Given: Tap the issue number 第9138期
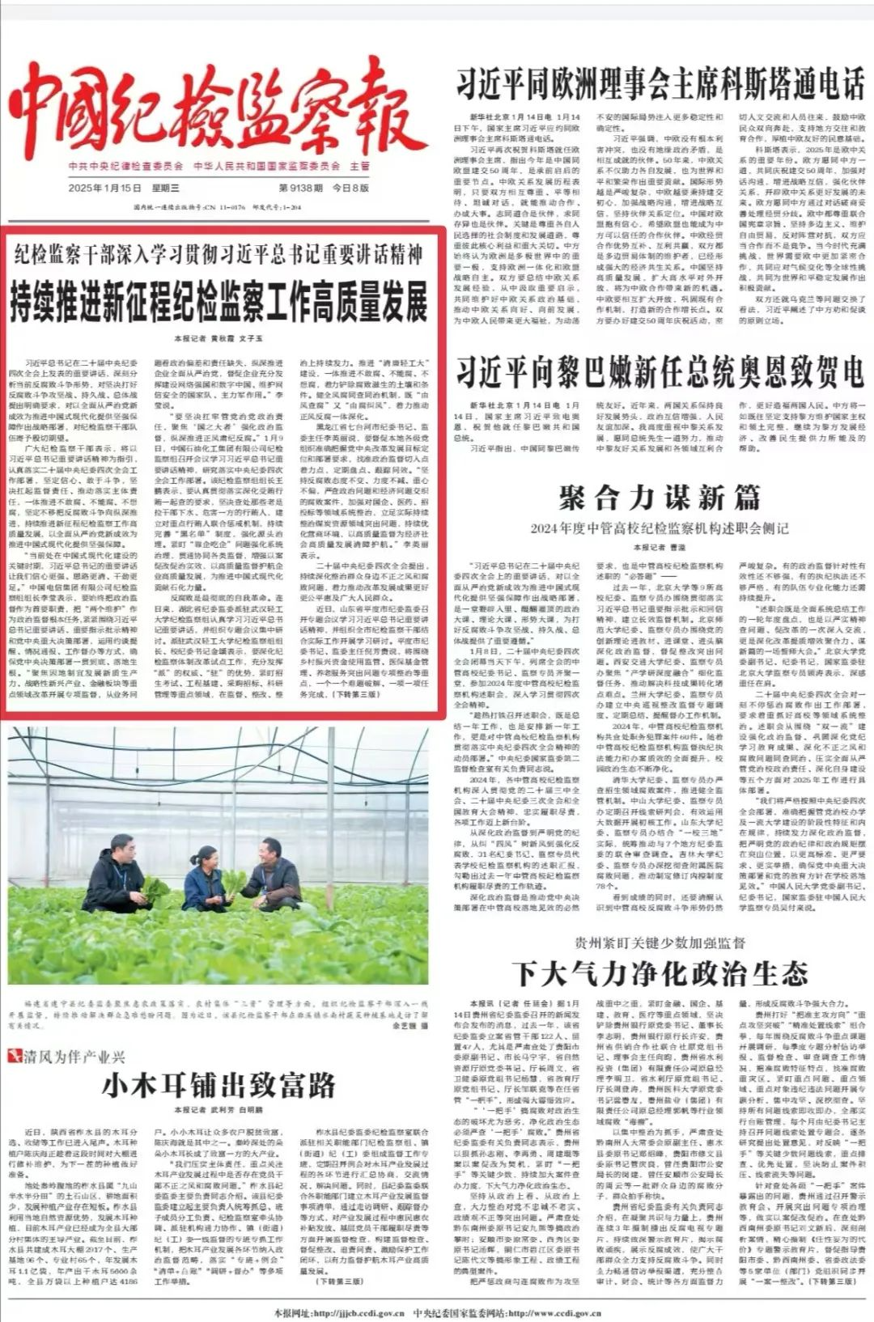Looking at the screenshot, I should click(x=303, y=188).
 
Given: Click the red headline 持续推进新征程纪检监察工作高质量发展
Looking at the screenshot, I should click(x=218, y=302).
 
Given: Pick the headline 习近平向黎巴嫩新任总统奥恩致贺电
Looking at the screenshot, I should click(x=660, y=372).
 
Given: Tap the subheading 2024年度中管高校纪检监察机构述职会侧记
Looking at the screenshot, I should click(x=660, y=528).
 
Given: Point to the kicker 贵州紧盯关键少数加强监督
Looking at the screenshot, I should click(x=660, y=943).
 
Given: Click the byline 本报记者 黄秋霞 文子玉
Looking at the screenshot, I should click(x=218, y=338).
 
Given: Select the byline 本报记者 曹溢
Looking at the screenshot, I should click(x=660, y=548).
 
